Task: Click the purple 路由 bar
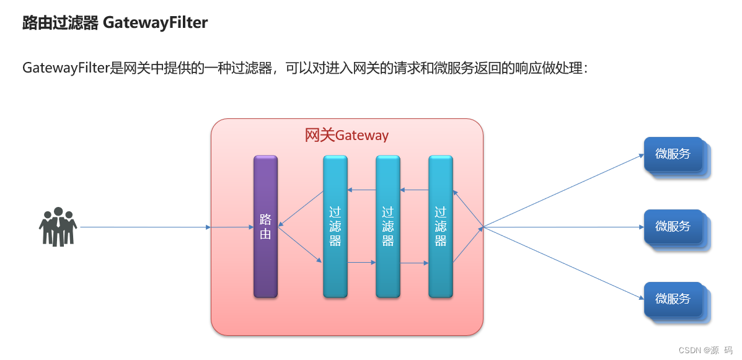click(265, 227)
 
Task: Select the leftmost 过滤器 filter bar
click(335, 227)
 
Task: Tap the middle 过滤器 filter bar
click(387, 227)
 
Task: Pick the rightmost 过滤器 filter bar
click(441, 227)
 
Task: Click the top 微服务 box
click(673, 154)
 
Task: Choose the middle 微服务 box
click(673, 227)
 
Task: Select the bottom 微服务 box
click(673, 299)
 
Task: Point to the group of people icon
click(58, 226)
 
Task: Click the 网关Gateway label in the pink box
click(347, 135)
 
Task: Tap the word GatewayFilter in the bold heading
click(155, 23)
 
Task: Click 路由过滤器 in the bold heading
click(60, 23)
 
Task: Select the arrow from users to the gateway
click(145, 227)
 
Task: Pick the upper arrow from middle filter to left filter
click(361, 190)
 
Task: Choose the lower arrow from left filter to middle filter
click(361, 263)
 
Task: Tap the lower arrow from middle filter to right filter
click(414, 263)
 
